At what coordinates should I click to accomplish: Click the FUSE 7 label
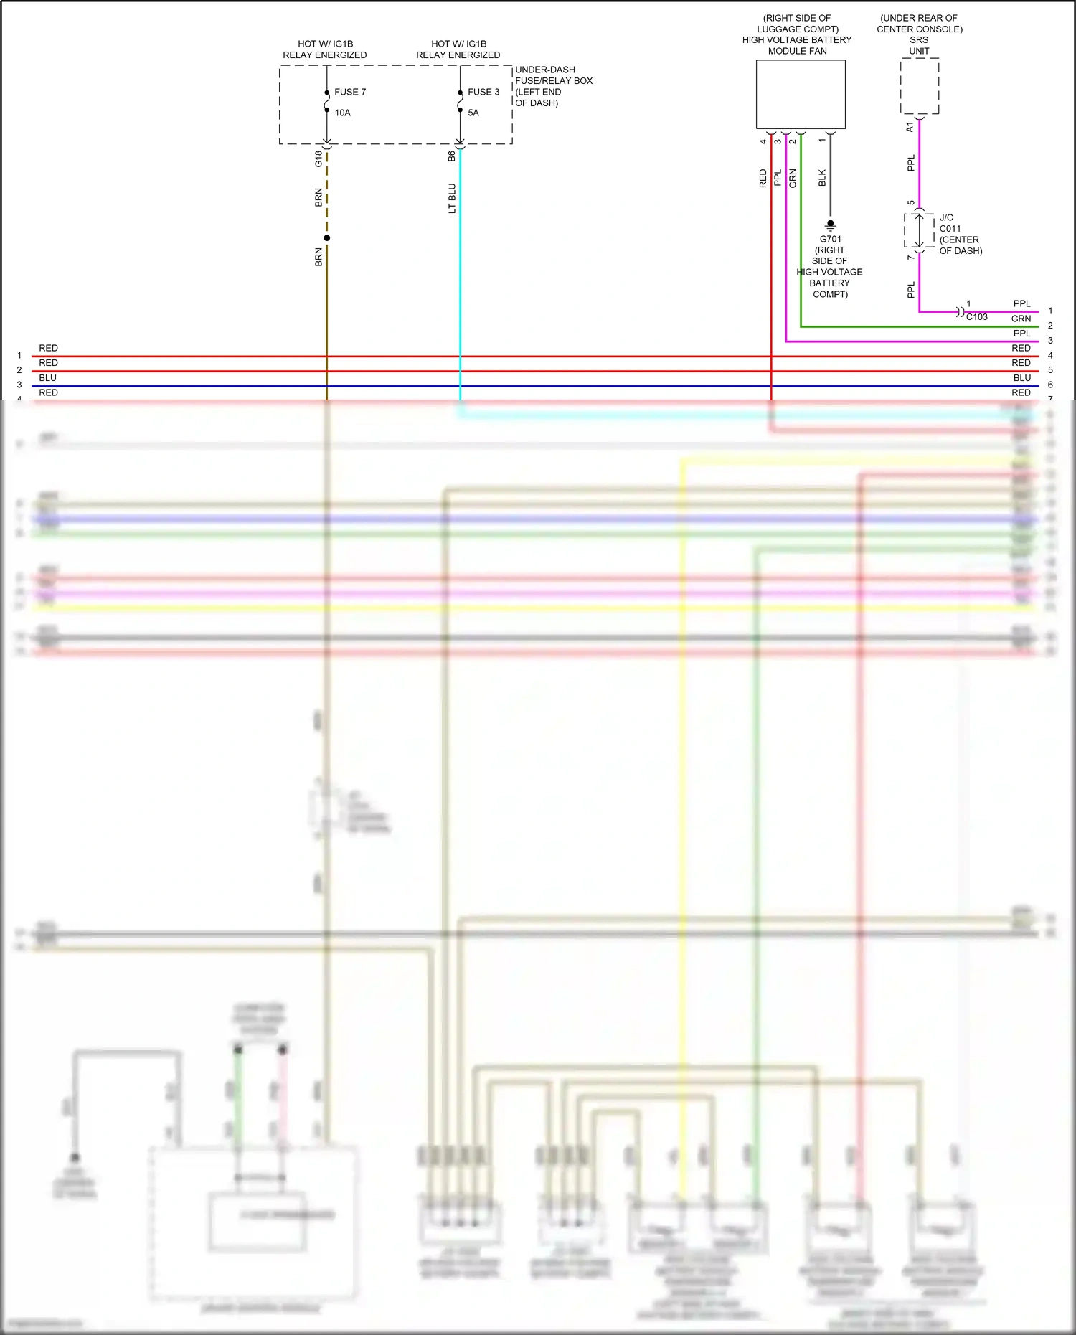coord(350,92)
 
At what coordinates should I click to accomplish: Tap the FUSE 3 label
coord(483,92)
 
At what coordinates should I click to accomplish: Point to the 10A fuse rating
coord(342,113)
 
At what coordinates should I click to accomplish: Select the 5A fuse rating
coord(473,113)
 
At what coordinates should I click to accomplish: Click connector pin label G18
coord(318,159)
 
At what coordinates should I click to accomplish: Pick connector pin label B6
coord(452,156)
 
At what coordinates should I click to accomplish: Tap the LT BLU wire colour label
coord(452,199)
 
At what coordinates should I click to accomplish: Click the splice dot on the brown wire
coord(327,238)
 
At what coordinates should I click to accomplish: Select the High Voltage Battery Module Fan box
coord(801,94)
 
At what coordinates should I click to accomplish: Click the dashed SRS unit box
coord(920,86)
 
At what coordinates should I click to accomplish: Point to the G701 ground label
coord(831,239)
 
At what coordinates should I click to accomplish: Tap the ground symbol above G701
coord(831,225)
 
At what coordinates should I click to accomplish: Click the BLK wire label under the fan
coord(822,178)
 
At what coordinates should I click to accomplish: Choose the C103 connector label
coord(977,317)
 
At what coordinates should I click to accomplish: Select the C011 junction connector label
coord(950,229)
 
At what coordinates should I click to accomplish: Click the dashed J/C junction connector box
coord(919,230)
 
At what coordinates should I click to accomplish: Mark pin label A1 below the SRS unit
coord(910,127)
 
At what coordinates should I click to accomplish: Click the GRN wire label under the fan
coord(793,178)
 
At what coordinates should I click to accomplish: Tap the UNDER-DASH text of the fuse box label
coord(545,70)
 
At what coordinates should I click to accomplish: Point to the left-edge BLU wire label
coord(48,377)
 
